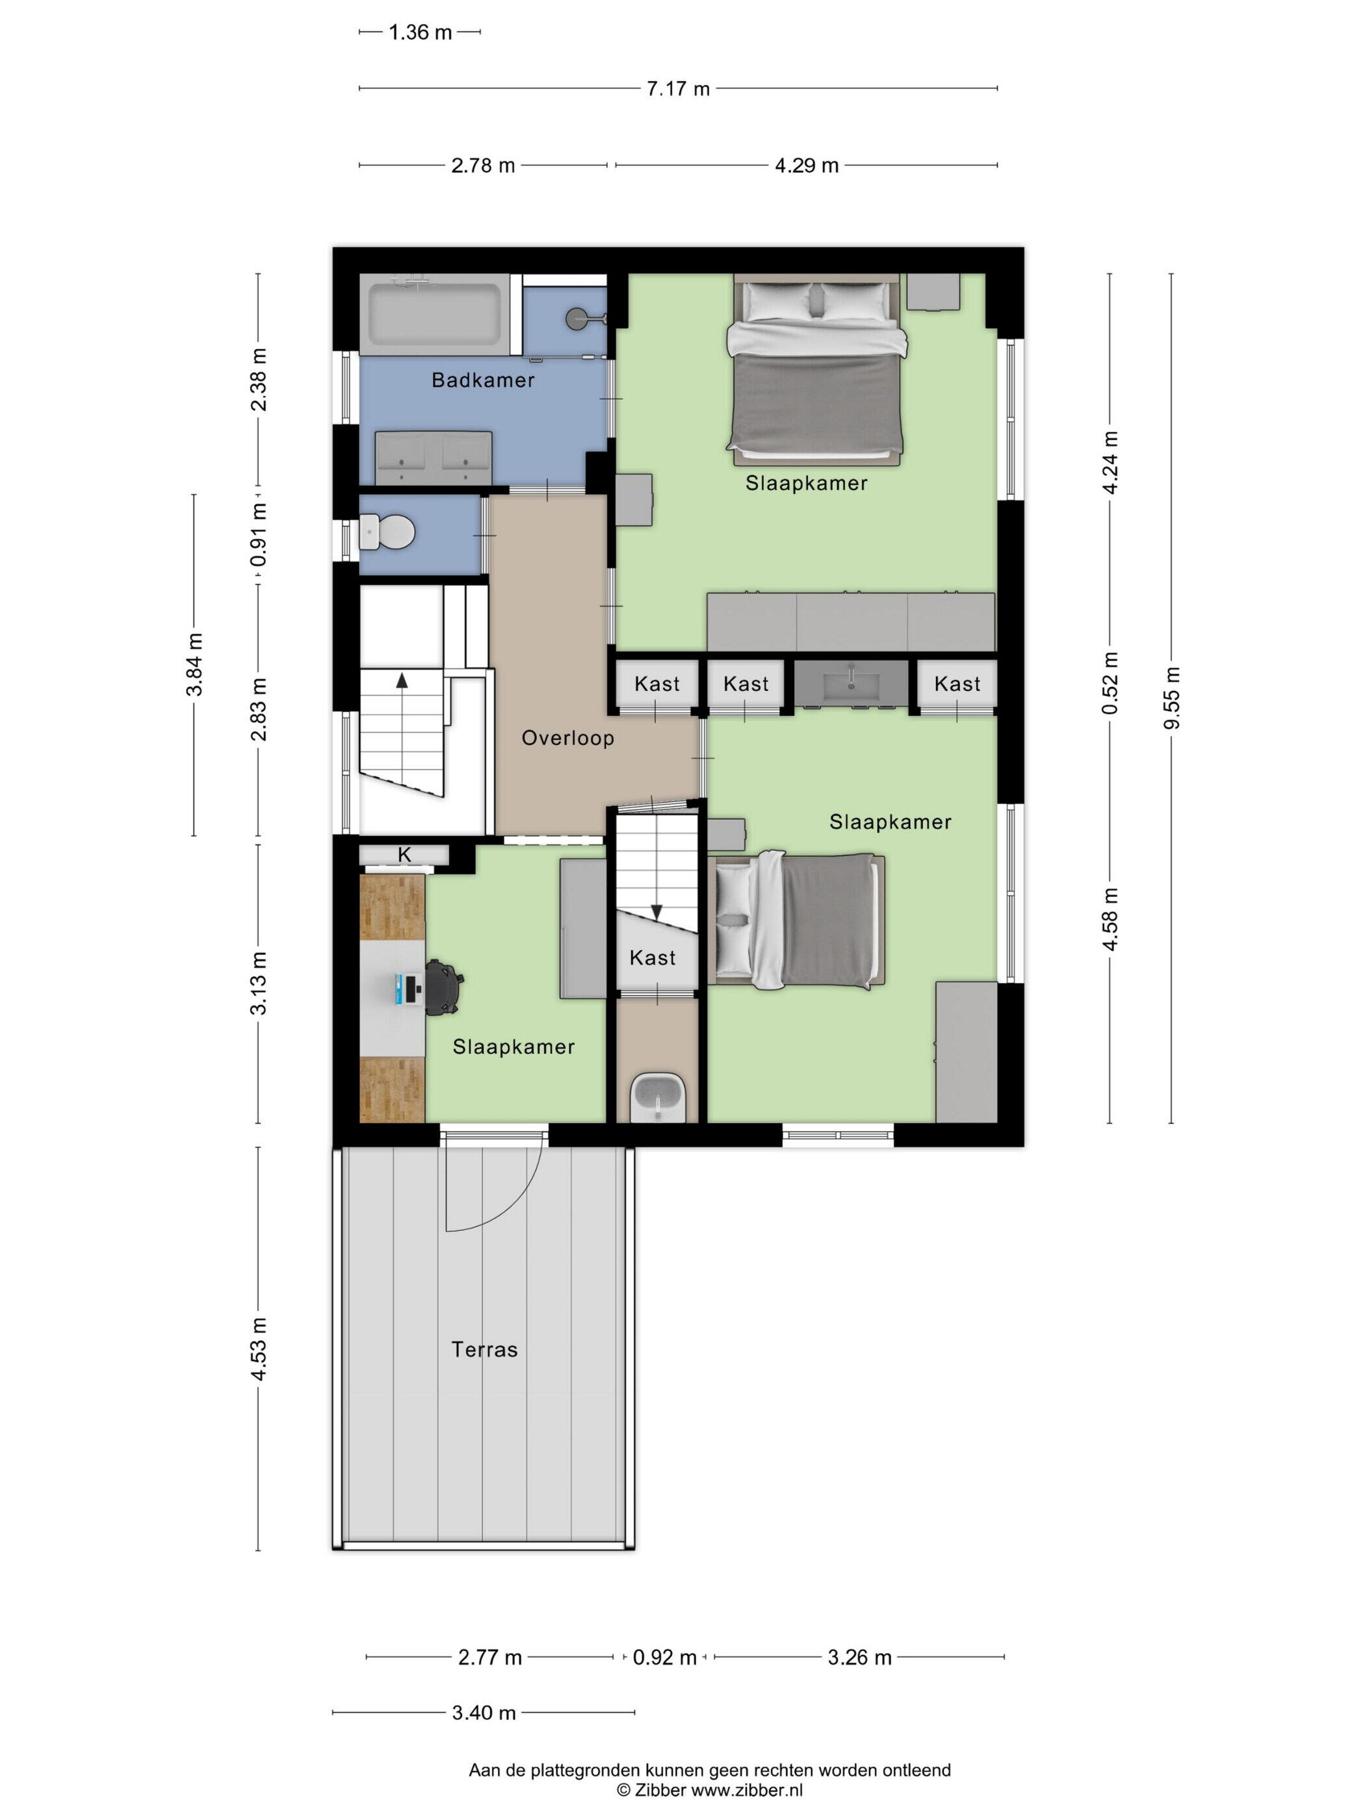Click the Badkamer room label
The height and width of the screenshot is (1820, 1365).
coord(483,380)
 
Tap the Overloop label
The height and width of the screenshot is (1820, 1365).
coord(567,738)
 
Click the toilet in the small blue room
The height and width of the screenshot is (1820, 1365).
coord(387,532)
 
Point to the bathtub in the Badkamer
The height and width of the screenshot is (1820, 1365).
coord(434,315)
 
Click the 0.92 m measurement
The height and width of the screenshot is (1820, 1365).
coord(664,1657)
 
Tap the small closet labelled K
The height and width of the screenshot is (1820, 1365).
coord(404,855)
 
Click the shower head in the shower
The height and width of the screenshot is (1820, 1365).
coord(578,316)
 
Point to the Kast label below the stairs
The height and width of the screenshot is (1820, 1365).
coord(653,957)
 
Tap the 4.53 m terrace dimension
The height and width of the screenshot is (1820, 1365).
coord(258,1349)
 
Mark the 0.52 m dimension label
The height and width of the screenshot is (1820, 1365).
coord(1110,683)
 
